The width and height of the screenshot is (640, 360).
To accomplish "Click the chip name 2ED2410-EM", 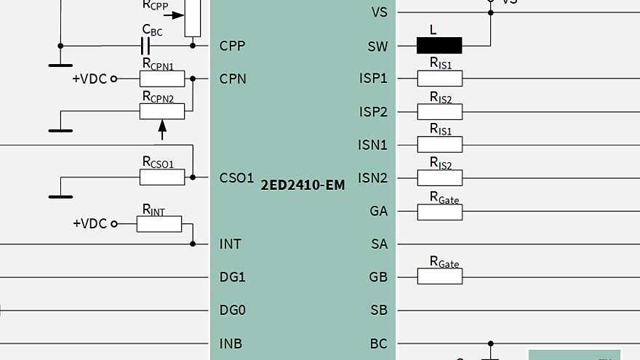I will click(303, 185).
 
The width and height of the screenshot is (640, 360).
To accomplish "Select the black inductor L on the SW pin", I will click(439, 46).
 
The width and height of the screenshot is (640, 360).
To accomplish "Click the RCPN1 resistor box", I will click(162, 79).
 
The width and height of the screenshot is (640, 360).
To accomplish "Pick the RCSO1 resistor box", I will click(162, 177).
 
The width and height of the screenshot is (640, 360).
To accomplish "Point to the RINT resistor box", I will click(159, 223).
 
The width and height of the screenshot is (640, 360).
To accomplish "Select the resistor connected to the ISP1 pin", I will click(439, 79).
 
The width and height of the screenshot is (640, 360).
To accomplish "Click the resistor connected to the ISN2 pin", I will click(439, 177).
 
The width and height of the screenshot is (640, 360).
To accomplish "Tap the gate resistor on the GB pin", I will click(439, 276).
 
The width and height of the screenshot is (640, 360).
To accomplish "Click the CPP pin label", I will click(233, 46).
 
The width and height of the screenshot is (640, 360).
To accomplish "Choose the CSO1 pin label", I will click(236, 177).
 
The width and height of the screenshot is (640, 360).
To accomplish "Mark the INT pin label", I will click(230, 244).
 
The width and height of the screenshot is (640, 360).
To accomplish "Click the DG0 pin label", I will click(233, 310).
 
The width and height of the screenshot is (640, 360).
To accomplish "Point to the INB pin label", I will click(231, 343).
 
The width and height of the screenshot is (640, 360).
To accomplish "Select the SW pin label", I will click(378, 46).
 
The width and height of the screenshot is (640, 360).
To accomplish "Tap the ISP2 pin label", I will click(373, 112).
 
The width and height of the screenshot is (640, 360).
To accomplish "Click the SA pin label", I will click(379, 244).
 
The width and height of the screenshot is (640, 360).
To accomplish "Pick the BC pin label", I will click(379, 343).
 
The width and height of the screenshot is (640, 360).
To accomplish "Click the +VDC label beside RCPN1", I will click(89, 79).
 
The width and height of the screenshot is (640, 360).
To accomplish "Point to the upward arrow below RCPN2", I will click(162, 129).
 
